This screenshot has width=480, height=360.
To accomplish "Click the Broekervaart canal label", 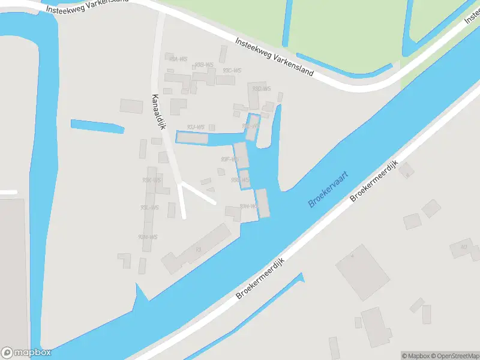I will pyautogui.click(x=328, y=188).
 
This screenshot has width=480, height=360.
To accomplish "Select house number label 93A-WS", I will pyautogui.click(x=178, y=59).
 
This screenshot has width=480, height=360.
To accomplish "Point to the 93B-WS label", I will pyautogui.click(x=205, y=65).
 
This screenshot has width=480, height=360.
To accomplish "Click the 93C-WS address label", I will pyautogui.click(x=232, y=70).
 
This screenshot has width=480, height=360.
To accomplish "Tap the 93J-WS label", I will pyautogui.click(x=196, y=127).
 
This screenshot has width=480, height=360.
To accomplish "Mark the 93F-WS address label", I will pyautogui.click(x=230, y=160).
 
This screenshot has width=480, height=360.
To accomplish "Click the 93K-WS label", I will pyautogui.click(x=151, y=180).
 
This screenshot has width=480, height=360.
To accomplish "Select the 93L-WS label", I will pyautogui.click(x=149, y=208).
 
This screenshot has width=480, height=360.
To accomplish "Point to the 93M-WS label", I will pyautogui.click(x=148, y=236).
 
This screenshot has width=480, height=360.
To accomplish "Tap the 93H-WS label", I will pyautogui.click(x=248, y=206).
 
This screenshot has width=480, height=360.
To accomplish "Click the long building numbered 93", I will pyautogui.click(x=197, y=248).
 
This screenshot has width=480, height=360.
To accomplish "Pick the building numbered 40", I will pyautogui.click(x=463, y=247).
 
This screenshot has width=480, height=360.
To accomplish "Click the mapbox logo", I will pyautogui.click(x=26, y=353).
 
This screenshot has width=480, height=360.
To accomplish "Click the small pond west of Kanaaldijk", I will pyautogui.click(x=97, y=126).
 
